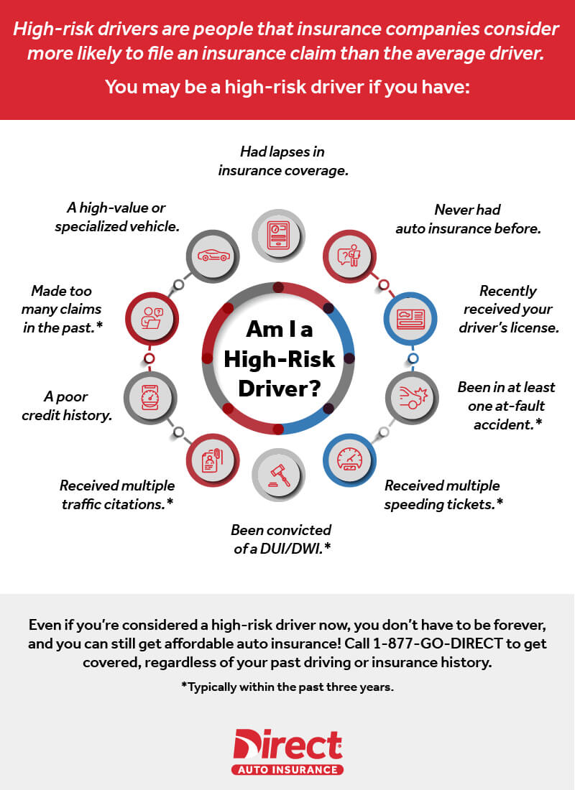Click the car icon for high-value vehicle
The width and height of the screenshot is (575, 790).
tap(213, 255)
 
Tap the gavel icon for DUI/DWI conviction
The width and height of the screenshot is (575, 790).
tap(280, 473)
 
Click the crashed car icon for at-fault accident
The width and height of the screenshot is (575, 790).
tap(413, 394)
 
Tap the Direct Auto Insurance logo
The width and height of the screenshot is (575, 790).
tap(287, 750)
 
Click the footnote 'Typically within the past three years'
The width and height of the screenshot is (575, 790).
tap(287, 687)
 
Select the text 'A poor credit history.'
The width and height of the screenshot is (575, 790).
tap(70, 406)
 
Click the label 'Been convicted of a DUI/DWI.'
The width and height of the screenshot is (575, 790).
tap(280, 539)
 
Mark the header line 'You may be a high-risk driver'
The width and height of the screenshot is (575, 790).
tap(287, 87)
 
